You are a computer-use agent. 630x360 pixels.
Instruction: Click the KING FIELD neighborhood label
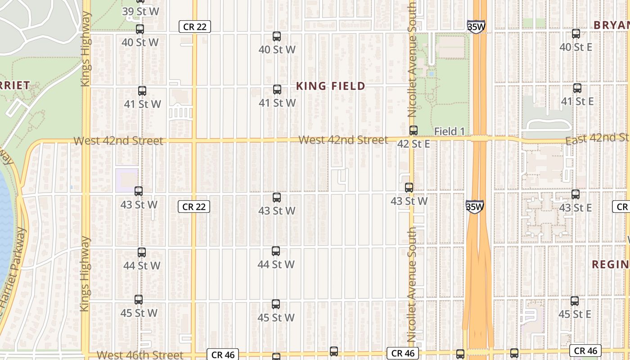pyautogui.click(x=331, y=86)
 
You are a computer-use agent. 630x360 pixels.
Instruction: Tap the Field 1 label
pyautogui.click(x=449, y=131)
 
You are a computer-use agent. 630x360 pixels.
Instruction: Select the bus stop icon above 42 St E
pyautogui.click(x=413, y=130)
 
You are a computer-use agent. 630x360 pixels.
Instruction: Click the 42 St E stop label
pyautogui.click(x=413, y=144)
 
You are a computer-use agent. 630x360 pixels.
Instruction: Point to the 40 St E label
pyautogui.click(x=576, y=47)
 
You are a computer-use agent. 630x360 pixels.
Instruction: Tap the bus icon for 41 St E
pyautogui.click(x=577, y=88)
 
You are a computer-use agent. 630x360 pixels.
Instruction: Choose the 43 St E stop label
pyautogui.click(x=575, y=208)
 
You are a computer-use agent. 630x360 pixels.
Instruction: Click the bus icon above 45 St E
pyautogui.click(x=574, y=301)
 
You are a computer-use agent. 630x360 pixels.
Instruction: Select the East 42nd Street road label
pyautogui.click(x=597, y=139)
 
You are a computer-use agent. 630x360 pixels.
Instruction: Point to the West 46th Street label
pyautogui.click(x=139, y=355)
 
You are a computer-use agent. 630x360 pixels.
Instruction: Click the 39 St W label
pyautogui.click(x=140, y=12)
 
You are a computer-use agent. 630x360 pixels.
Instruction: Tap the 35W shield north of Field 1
pyautogui.click(x=476, y=27)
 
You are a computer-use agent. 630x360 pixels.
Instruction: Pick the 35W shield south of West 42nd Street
pyautogui.click(x=474, y=207)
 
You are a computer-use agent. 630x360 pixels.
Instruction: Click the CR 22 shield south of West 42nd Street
pyautogui.click(x=194, y=207)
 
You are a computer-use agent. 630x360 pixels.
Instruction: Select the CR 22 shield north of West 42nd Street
pyautogui.click(x=195, y=27)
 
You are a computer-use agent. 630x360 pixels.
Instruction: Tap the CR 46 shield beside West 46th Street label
pyautogui.click(x=223, y=355)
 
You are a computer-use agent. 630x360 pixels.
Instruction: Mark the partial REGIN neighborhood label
pyautogui.click(x=610, y=264)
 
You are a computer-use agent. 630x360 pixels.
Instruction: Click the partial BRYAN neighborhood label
pyautogui.click(x=611, y=25)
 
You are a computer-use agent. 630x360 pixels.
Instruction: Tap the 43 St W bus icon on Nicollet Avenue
pyautogui.click(x=409, y=188)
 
